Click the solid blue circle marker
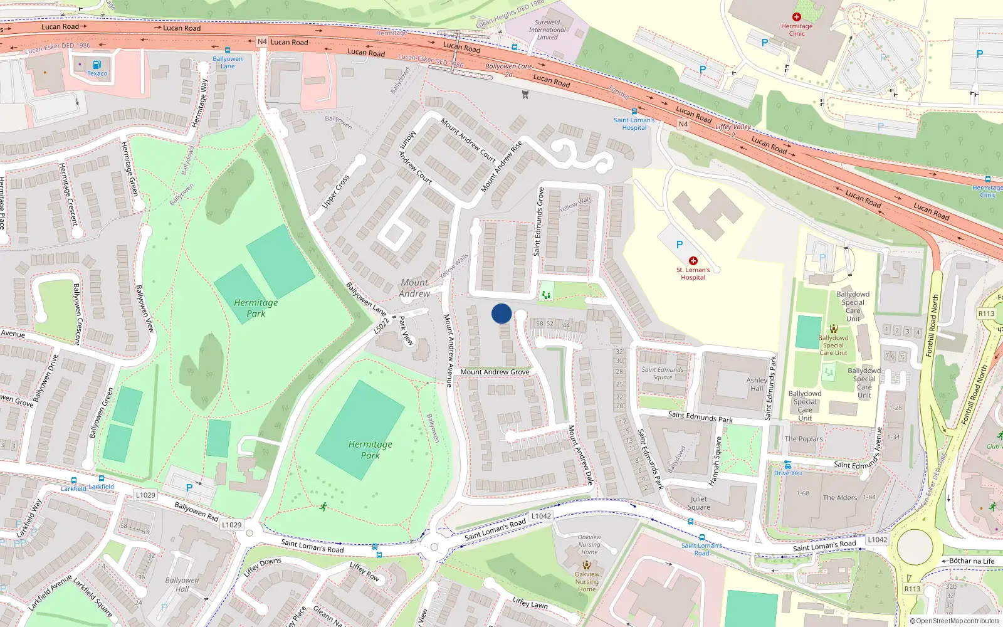point(501,313)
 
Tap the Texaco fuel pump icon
point(97,65)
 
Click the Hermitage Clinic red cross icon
point(797,18)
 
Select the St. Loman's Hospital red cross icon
point(693,261)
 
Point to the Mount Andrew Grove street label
point(495,372)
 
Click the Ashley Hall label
point(757,384)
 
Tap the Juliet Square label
point(699,503)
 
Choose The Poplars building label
point(804,439)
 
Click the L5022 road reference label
point(381,325)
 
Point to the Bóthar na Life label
point(971,561)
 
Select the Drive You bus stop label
point(788,473)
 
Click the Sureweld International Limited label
point(547,29)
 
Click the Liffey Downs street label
point(263,567)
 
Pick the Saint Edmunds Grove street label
point(538,222)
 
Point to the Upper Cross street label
point(335,191)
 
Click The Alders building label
point(840,498)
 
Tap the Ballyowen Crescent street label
point(77,313)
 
